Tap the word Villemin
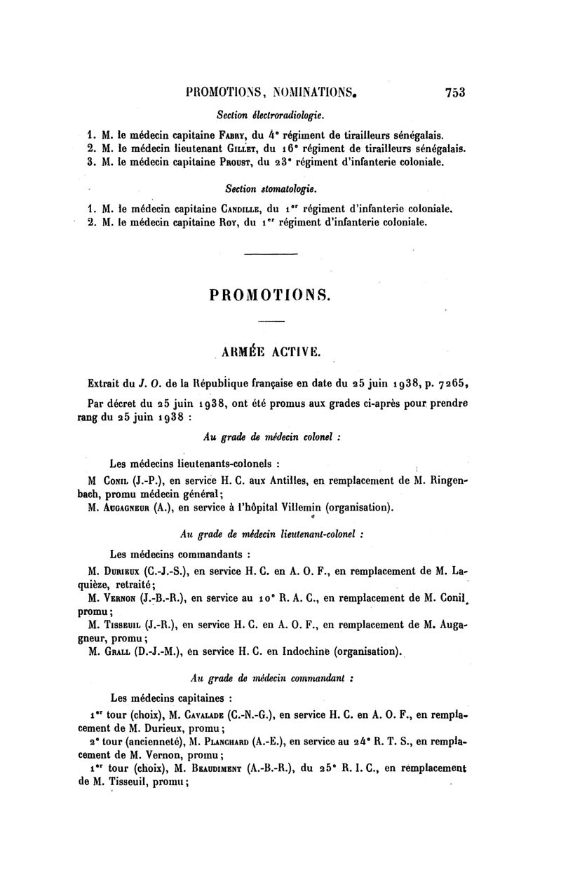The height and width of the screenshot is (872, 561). (x=294, y=507)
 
